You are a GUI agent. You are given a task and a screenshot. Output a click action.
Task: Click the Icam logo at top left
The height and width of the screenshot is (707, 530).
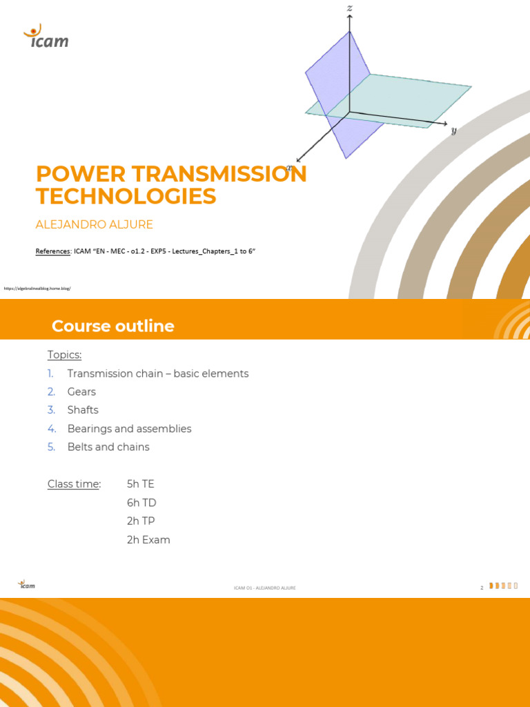point(46,37)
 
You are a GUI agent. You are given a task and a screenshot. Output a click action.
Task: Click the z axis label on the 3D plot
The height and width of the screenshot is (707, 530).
point(350,8)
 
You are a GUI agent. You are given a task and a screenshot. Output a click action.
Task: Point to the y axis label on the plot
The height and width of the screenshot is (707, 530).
point(454,130)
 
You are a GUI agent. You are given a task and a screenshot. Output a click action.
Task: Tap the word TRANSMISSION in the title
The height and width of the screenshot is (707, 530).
point(215,173)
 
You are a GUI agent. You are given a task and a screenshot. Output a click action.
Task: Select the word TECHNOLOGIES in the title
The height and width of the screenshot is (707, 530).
point(126,196)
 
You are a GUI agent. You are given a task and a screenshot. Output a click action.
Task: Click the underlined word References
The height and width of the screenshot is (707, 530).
point(53,251)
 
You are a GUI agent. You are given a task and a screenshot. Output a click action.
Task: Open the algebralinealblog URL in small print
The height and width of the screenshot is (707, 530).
point(38,288)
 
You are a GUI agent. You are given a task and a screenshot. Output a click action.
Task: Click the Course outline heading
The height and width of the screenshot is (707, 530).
point(113,326)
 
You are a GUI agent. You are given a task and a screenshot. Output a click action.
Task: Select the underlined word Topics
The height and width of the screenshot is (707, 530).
point(64,355)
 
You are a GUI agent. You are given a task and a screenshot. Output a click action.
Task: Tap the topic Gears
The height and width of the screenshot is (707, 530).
point(81,391)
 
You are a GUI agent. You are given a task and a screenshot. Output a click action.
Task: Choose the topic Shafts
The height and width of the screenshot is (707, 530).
point(83,410)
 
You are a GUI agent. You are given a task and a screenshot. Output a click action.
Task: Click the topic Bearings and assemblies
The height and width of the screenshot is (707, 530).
point(129,429)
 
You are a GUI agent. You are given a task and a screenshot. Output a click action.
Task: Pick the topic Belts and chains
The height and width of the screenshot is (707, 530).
point(108,447)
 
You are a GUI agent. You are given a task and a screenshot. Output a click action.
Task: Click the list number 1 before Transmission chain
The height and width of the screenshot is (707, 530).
point(50,374)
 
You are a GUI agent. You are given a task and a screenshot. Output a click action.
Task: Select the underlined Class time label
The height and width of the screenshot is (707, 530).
point(74,484)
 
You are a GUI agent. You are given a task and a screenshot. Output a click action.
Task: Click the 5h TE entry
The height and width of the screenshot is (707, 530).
point(140,484)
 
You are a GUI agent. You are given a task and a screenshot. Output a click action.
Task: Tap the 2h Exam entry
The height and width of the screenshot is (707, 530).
point(148,540)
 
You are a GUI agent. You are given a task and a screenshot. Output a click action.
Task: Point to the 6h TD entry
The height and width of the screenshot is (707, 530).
point(141,503)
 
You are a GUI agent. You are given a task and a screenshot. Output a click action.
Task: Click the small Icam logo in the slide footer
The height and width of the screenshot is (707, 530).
point(26,585)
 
